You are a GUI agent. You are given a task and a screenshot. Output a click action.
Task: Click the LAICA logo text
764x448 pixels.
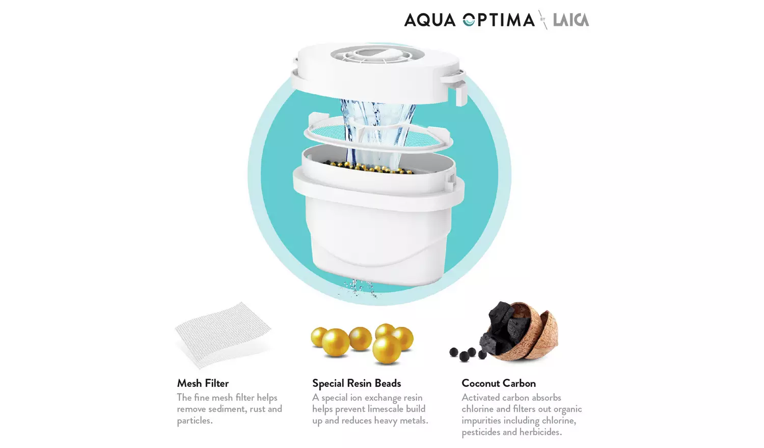point(570,20)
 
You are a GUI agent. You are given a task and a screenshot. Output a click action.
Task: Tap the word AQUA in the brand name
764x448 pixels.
point(429,20)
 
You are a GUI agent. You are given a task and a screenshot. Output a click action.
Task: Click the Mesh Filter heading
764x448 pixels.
point(203,383)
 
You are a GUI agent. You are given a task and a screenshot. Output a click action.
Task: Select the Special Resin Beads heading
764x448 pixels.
point(357,383)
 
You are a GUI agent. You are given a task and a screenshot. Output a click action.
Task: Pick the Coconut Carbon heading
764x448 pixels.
point(499,383)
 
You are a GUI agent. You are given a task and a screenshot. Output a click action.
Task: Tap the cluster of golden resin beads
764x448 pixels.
point(363,342)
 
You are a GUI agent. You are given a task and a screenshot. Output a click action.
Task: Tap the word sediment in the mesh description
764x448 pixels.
point(228,409)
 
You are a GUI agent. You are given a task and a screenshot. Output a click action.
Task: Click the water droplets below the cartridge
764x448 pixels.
point(360,288)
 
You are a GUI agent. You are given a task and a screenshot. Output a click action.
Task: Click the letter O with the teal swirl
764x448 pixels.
point(469,20)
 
